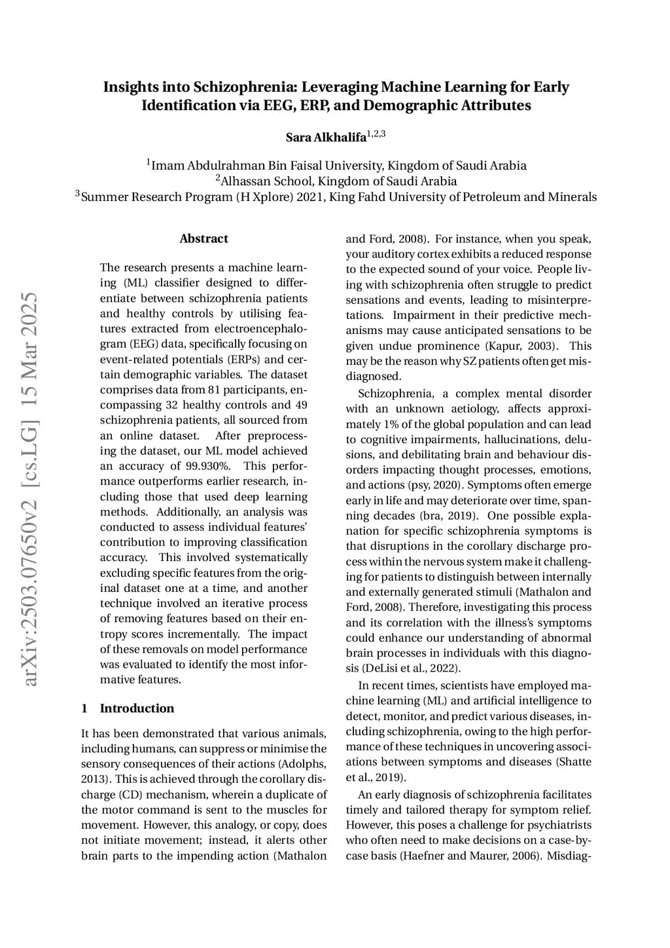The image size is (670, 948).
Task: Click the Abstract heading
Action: coord(203,239)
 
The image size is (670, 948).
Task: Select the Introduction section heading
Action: coord(137,708)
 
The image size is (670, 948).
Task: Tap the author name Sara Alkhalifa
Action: coord(326,137)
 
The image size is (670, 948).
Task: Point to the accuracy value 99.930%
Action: coord(206,466)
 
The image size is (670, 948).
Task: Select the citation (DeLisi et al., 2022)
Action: coord(412,668)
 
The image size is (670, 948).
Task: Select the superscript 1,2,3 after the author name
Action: coord(376,134)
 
